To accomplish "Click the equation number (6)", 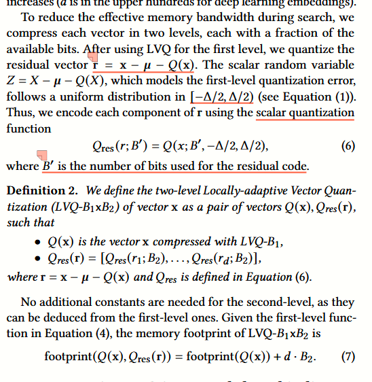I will point(348,145).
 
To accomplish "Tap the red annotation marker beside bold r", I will point(92,62).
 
